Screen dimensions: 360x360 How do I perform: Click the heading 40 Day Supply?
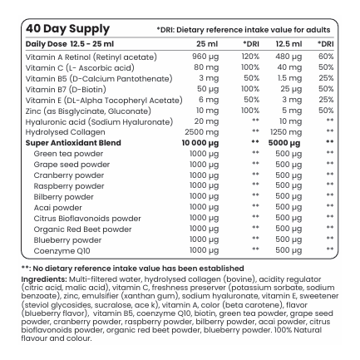tap(67, 29)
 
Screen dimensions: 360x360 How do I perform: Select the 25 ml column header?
tap(207, 44)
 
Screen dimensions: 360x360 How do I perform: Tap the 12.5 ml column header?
tap(288, 44)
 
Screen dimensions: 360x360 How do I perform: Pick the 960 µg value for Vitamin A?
tap(205, 57)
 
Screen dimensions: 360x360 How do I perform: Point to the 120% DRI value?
tap(250, 57)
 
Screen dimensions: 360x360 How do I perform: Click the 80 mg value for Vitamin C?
tap(206, 67)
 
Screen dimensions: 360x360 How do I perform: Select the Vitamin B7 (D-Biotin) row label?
tap(66, 90)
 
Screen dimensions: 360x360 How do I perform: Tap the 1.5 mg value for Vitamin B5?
tap(289, 78)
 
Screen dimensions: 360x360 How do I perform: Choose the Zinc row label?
tap(88, 111)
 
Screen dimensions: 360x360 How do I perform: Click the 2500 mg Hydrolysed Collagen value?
tap(202, 132)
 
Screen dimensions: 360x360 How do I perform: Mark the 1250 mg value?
tap(286, 132)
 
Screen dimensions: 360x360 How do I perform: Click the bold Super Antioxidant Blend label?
tap(73, 143)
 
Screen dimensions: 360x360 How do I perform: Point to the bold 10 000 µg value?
tap(200, 143)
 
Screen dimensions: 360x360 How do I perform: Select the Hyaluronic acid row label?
tap(99, 122)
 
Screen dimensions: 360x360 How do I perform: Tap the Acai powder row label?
tap(58, 208)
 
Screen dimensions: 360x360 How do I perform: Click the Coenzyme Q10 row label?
tap(62, 251)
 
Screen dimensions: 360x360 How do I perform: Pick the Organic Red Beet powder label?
tap(82, 229)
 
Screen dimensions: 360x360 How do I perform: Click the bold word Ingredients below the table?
tap(44, 279)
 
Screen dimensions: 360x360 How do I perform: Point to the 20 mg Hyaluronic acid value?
tap(206, 121)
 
